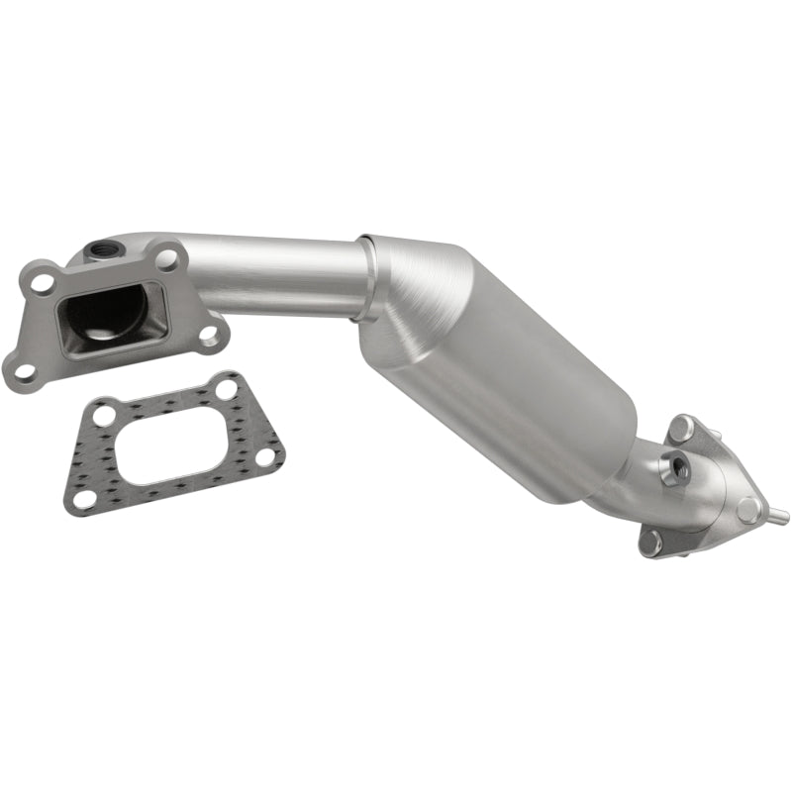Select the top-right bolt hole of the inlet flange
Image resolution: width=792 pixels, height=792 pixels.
click(167, 260)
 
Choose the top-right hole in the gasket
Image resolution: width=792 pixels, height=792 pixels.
click(227, 389)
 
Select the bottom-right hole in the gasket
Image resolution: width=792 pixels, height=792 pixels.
click(264, 456)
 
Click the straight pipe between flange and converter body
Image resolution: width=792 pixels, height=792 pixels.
click(277, 277)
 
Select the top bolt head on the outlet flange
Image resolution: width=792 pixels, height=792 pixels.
click(678, 429)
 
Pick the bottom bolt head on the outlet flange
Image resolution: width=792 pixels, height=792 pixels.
click(650, 541)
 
